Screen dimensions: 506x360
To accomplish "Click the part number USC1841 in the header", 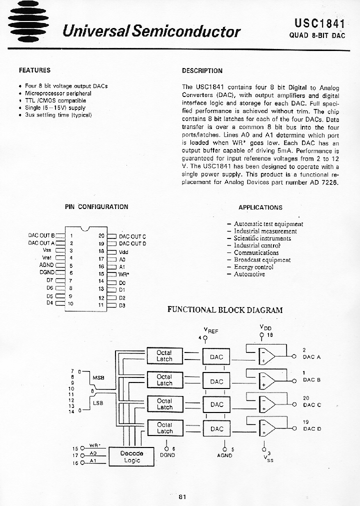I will [316, 23].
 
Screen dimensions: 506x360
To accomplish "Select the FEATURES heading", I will [34, 70].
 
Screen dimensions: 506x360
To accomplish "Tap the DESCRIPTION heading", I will [202, 71].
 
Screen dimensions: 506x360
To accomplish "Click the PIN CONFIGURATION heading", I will [96, 206].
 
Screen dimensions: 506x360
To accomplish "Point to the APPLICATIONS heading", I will [260, 207].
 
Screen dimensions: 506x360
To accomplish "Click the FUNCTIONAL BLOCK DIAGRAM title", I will [224, 309].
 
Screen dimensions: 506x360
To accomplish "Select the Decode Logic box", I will [132, 456].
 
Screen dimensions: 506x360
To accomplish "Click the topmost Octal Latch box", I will [164, 356].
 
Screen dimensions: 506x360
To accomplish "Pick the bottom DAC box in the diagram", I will [216, 429].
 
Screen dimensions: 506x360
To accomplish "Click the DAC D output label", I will [311, 428].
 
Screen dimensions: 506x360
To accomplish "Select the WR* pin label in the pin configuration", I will [123, 274].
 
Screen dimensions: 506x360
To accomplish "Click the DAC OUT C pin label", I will [132, 236].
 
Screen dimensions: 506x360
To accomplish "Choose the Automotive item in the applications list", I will [249, 274].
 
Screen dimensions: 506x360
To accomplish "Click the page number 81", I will [182, 496].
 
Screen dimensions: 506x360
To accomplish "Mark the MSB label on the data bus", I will [98, 377].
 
